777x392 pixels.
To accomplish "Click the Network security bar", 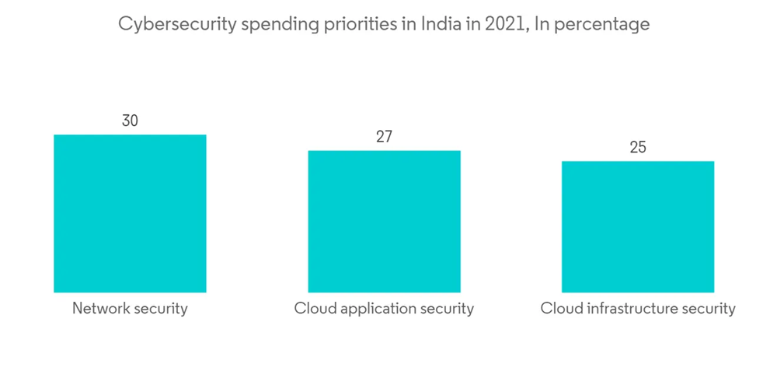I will click(130, 213).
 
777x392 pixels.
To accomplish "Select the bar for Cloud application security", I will click(384, 221).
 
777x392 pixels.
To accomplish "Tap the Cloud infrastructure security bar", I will click(638, 226).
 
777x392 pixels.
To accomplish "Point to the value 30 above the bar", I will click(130, 121).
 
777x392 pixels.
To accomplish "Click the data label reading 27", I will click(384, 137).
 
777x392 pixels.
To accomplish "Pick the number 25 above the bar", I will click(638, 148).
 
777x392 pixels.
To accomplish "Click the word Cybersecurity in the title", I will click(177, 25).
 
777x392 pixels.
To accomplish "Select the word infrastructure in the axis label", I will click(628, 309).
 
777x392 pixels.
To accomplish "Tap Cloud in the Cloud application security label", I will click(312, 308).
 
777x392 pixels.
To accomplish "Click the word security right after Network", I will click(161, 308).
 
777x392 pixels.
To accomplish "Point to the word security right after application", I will click(447, 308).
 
